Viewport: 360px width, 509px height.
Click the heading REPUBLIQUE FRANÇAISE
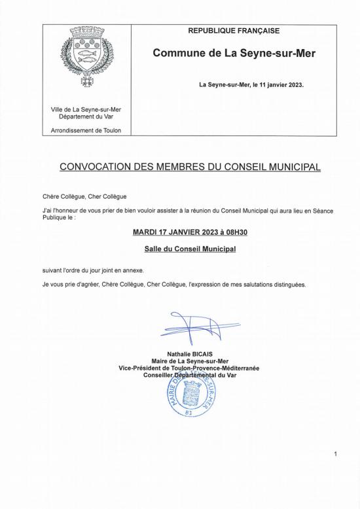pyautogui.click(x=234, y=31)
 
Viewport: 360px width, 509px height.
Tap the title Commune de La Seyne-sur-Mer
pyautogui.click(x=234, y=53)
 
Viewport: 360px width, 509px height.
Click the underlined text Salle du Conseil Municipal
pyautogui.click(x=190, y=249)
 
